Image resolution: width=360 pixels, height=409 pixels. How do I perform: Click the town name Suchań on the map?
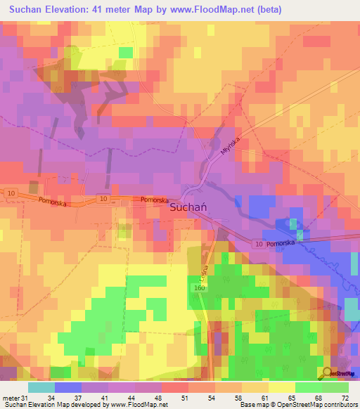188,209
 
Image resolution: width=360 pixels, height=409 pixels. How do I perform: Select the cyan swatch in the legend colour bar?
41,387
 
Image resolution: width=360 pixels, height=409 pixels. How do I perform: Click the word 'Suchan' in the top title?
28,9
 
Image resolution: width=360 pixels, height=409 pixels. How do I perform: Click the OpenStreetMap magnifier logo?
327,374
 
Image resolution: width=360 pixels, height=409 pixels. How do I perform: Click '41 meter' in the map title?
124,9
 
